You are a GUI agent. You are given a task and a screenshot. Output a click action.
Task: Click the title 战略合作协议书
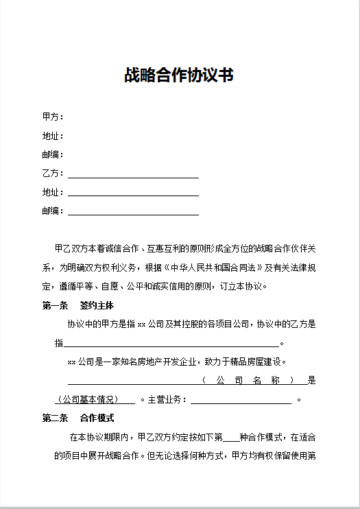click(179, 75)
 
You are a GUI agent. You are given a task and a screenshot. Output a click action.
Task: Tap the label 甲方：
click(53, 117)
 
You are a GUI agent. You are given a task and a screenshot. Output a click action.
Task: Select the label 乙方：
click(53, 174)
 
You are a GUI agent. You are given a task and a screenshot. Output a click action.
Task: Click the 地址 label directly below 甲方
click(53, 136)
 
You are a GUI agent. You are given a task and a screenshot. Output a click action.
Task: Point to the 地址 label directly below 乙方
click(53, 193)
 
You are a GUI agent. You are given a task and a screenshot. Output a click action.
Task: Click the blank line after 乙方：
click(133, 176)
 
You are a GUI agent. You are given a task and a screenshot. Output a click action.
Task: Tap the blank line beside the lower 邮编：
click(133, 214)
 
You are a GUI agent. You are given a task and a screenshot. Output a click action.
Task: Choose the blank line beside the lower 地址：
click(133, 196)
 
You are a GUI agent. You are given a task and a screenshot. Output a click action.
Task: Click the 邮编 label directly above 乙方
click(53, 155)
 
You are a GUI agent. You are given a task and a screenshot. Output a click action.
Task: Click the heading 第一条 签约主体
click(78, 305)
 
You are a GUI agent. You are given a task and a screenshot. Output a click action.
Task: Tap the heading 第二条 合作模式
click(78, 418)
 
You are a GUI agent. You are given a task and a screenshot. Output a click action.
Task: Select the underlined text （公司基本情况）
click(87, 399)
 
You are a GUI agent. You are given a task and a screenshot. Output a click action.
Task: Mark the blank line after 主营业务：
click(241, 402)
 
